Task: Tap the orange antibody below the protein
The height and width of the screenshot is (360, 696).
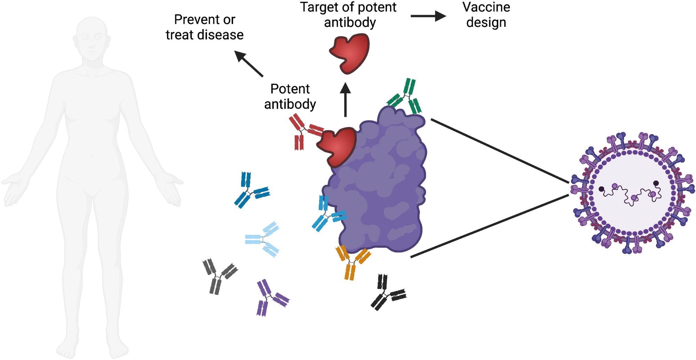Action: pos(352,262)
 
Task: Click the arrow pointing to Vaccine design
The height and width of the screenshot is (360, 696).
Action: pos(428,16)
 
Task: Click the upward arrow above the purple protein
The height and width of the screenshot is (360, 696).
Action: pos(346,100)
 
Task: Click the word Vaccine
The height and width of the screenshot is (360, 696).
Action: pos(486,7)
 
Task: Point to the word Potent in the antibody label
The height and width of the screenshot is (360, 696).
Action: pos(290,89)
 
